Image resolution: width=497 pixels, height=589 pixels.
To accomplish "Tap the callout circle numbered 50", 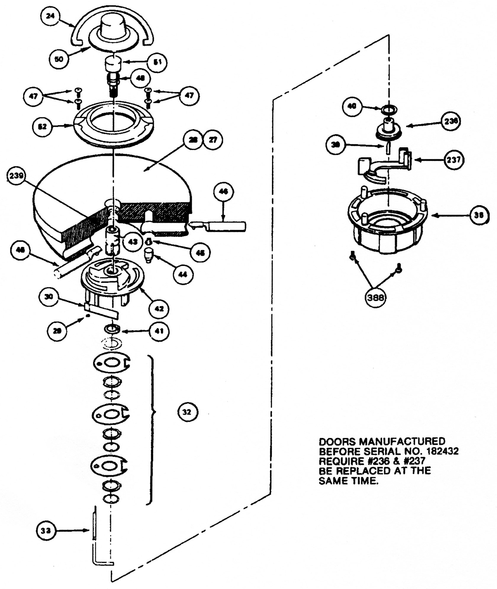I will pos(59,59).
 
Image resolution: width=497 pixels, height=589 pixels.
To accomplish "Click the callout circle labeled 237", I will pos(453,160).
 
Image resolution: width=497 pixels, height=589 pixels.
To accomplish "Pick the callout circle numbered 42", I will pos(159,309).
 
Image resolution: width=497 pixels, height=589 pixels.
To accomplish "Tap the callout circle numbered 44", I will pos(183,274).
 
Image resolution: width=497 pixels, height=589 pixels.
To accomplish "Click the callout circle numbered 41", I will pos(159,331).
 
